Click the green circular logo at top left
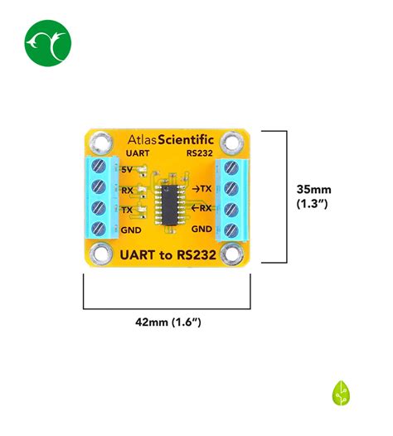pyautogui.click(x=48, y=43)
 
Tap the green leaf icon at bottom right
pyautogui.click(x=341, y=393)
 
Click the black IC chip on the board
pyautogui.click(x=170, y=205)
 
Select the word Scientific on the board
pyautogui.click(x=186, y=140)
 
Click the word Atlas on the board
pyautogui.click(x=143, y=140)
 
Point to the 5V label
pyautogui.click(x=127, y=170)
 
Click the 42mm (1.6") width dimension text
pyautogui.click(x=168, y=322)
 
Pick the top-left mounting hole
pyautogui.click(x=101, y=143)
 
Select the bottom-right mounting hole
pyautogui.click(x=232, y=254)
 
